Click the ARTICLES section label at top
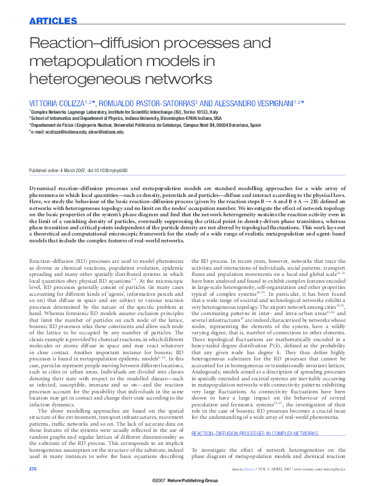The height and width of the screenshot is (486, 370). click(x=53, y=21)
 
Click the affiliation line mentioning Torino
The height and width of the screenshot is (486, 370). click(x=124, y=111)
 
